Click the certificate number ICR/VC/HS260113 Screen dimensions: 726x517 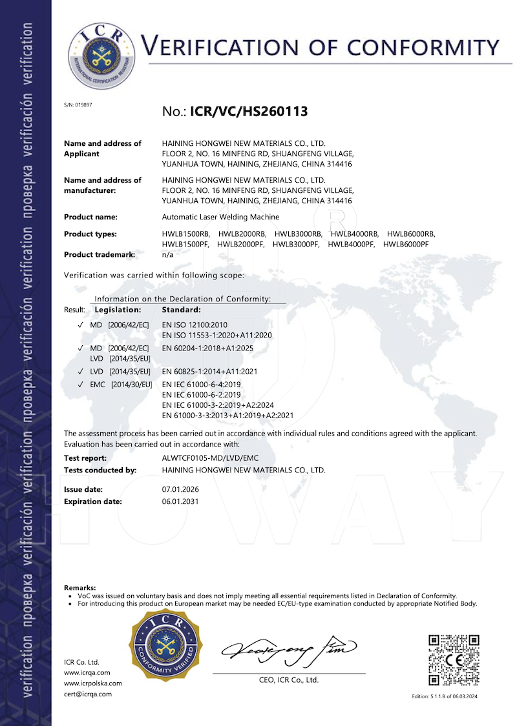[x=249, y=111]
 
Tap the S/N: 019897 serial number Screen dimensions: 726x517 [x=78, y=105]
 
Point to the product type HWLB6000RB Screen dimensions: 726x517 [x=412, y=234]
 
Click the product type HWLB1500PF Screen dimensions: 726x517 [x=185, y=244]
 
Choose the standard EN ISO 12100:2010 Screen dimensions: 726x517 [x=195, y=324]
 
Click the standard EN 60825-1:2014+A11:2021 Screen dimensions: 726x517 [x=209, y=372]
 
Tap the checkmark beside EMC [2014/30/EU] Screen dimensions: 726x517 [x=79, y=385]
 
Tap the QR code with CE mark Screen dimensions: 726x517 [x=454, y=660]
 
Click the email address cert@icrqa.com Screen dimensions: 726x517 [x=88, y=694]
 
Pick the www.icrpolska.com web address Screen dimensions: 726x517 [x=93, y=683]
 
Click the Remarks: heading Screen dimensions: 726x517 [x=79, y=587]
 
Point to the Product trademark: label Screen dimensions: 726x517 [x=100, y=254]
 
